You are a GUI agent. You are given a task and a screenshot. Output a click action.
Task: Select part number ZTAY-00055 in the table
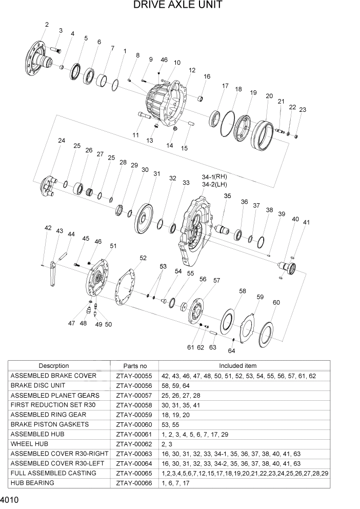point(134,376)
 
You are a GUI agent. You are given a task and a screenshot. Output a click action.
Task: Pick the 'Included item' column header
point(237,366)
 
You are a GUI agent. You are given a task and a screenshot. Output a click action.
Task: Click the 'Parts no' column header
point(135,366)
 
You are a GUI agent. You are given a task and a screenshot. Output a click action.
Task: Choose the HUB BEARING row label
point(31,483)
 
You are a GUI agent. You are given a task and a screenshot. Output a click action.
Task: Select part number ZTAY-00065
point(134,473)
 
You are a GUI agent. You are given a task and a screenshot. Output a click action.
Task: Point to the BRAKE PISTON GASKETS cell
point(49,424)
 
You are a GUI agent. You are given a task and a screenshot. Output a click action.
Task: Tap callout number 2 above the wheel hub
point(47,24)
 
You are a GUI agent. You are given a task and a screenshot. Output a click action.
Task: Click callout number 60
point(276,302)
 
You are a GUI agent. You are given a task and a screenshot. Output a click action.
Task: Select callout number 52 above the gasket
point(143,258)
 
